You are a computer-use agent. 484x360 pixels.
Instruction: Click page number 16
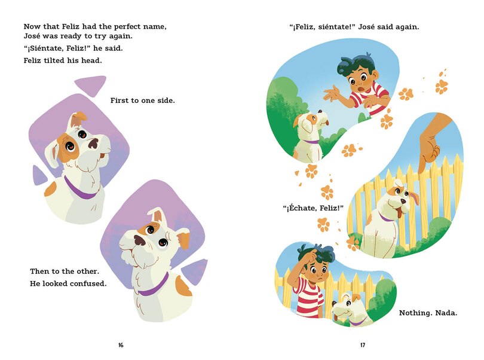click(121, 345)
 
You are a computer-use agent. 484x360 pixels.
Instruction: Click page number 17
click(363, 345)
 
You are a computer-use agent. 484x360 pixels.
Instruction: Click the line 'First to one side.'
click(142, 100)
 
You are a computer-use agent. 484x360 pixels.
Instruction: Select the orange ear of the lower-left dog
click(183, 239)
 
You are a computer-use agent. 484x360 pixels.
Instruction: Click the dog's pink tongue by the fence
click(412, 199)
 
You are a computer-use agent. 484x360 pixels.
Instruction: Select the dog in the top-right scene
click(311, 138)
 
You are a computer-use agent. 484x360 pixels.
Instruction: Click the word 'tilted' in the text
click(63, 60)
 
